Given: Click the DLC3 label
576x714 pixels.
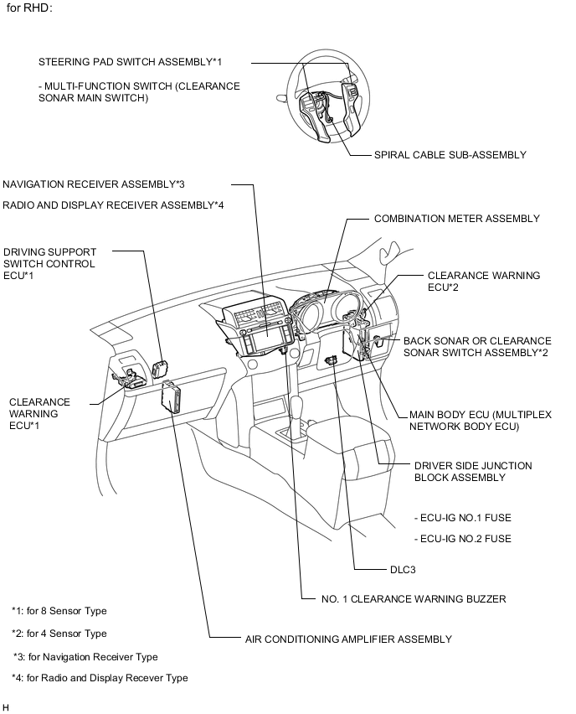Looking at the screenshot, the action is click(x=403, y=570).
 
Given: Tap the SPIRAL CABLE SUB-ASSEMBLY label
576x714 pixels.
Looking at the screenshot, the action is click(x=450, y=155).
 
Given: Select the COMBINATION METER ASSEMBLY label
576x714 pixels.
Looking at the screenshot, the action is click(x=457, y=219).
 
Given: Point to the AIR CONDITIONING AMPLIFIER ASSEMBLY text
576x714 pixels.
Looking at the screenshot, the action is click(x=348, y=639).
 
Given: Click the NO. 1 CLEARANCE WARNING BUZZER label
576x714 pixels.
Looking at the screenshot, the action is click(x=414, y=599).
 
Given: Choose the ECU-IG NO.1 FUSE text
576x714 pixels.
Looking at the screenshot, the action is click(x=463, y=518).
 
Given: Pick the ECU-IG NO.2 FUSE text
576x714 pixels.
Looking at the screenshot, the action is click(x=463, y=539).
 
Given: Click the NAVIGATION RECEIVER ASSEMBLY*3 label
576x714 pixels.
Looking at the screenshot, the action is click(x=94, y=184).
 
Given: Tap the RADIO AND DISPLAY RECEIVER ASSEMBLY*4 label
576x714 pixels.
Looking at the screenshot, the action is click(x=113, y=205).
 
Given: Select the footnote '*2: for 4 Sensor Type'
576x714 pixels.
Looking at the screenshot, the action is click(x=59, y=634).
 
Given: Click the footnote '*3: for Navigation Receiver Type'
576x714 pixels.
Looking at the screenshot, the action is click(x=85, y=657).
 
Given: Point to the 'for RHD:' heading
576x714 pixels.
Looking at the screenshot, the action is click(x=29, y=8).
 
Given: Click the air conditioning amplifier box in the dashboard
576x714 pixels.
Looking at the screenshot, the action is click(x=171, y=396).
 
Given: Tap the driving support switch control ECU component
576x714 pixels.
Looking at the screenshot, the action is click(x=160, y=368).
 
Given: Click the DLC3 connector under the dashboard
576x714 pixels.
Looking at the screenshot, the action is click(x=332, y=360).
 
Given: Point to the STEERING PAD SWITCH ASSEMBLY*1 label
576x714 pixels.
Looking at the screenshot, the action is click(x=130, y=62).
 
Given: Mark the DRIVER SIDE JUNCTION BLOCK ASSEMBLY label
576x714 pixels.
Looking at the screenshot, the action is click(x=473, y=472).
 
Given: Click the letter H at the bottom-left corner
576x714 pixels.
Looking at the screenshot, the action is click(x=6, y=707).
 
